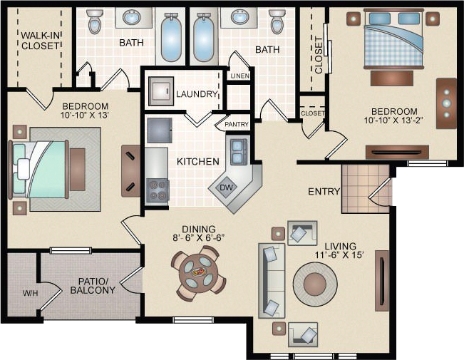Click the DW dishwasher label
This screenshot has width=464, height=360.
(227, 187)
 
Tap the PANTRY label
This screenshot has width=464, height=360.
(237, 124)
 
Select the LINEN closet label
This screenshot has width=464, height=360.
(239, 76)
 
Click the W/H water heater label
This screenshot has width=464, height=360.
(31, 294)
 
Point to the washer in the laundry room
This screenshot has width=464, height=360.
(161, 91)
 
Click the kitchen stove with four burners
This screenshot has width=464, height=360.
(158, 190)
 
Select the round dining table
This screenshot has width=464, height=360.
(199, 273)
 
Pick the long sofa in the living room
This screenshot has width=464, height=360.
(272, 281)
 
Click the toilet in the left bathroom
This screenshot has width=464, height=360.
(95, 21)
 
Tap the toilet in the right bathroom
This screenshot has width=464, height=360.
(277, 21)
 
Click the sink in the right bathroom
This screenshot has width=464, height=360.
(239, 17)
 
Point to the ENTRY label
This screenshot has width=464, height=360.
(324, 192)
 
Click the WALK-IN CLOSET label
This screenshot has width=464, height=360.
(41, 41)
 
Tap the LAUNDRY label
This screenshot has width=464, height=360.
(197, 94)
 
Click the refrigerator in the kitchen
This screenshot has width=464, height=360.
(160, 130)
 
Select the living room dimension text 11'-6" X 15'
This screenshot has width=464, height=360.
(339, 255)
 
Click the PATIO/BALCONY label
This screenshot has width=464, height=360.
(93, 286)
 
